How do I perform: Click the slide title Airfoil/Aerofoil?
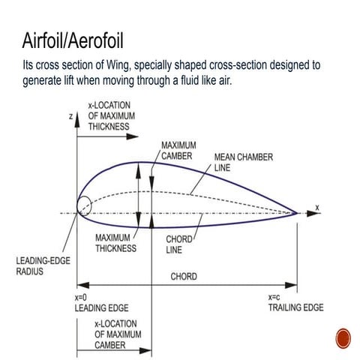click(73, 40)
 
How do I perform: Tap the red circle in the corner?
click(343, 338)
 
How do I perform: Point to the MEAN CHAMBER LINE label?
click(244, 163)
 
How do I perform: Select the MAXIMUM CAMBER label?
click(178, 151)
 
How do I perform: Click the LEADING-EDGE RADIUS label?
click(43, 266)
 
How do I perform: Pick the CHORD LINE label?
click(179, 244)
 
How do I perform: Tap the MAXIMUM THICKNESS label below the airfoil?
click(116, 243)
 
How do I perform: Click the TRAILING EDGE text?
click(296, 307)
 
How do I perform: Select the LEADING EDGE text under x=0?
click(101, 308)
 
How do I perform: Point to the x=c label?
click(274, 298)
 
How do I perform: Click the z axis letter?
click(71, 116)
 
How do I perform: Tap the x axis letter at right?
click(317, 208)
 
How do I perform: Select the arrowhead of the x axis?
click(313, 213)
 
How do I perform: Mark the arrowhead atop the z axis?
click(77, 120)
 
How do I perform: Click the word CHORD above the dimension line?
click(184, 277)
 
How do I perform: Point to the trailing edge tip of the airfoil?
click(297, 213)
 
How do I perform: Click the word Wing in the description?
click(118, 65)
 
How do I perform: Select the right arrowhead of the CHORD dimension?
click(291, 285)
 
